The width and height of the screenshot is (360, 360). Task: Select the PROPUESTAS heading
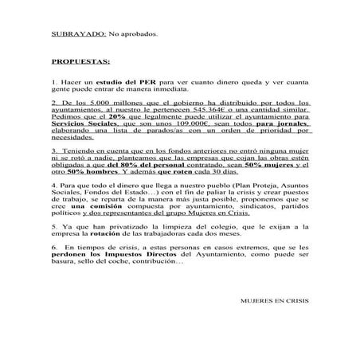coord(80,61)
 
